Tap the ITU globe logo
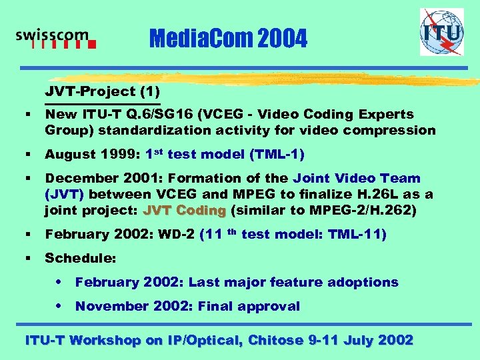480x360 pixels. [441, 32]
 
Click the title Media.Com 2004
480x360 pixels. [229, 40]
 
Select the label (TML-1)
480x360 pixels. [277, 155]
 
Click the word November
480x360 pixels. [107, 306]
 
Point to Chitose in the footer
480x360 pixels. [276, 340]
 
